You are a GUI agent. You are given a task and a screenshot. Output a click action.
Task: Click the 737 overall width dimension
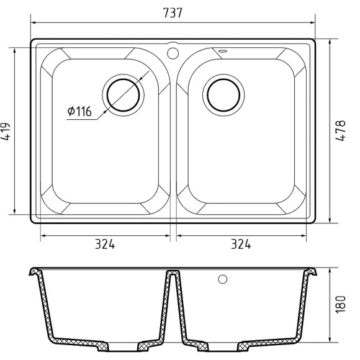173,13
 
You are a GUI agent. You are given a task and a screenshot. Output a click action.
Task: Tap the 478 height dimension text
340,130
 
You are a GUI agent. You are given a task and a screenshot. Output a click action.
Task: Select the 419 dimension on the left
6,132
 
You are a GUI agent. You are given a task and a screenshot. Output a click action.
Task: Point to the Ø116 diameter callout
79,111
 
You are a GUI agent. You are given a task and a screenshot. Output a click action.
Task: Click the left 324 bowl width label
105,244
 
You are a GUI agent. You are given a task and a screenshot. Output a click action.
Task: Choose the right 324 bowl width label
241,244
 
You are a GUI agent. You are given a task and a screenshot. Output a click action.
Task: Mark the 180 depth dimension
340,304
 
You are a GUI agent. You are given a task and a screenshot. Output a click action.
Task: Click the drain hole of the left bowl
124,95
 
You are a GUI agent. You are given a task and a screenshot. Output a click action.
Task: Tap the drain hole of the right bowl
223,95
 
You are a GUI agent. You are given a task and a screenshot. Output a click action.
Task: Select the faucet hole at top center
173,53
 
